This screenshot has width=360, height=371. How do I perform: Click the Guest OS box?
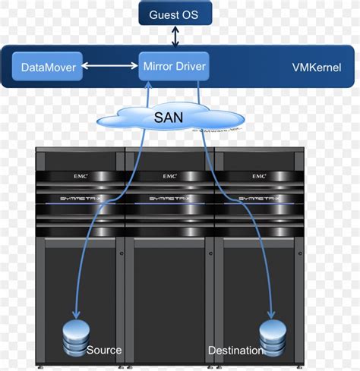coord(175,14)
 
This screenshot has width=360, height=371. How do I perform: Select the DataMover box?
coord(48,68)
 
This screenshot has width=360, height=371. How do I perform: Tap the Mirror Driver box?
coord(175,66)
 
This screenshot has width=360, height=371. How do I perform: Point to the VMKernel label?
coord(316,68)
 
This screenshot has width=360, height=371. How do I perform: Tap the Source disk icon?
coord(75,338)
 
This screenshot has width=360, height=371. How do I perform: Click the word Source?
coord(104,351)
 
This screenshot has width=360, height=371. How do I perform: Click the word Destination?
coord(235,351)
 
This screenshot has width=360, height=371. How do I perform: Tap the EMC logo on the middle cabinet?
coord(169,176)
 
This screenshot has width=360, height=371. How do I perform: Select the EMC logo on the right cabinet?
coord(259,176)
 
